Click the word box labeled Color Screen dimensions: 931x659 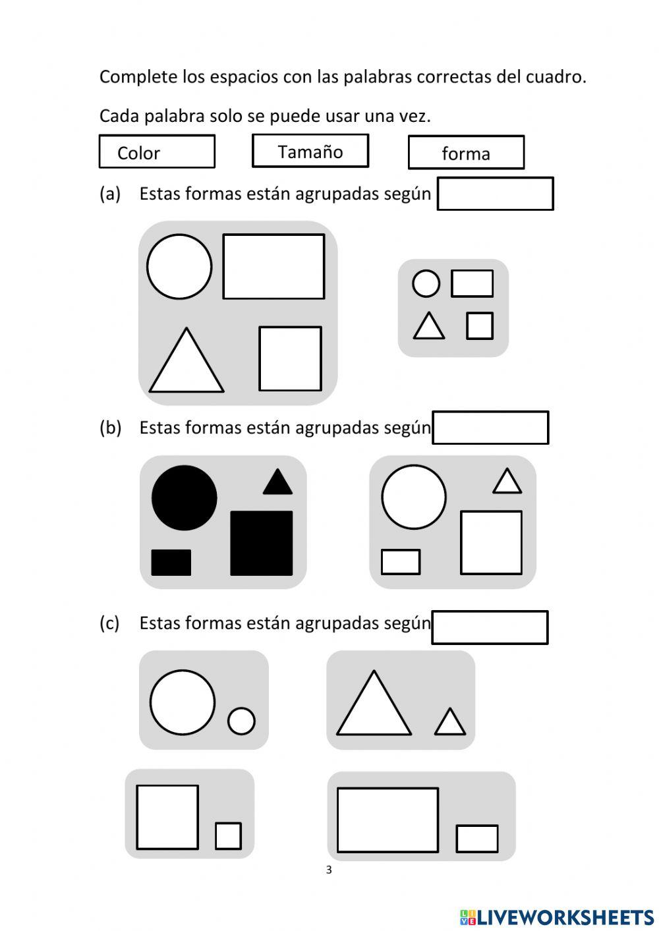(x=157, y=152)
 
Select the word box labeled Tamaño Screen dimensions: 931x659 (x=310, y=152)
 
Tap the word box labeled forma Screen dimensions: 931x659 (x=466, y=153)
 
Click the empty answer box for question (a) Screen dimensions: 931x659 (x=495, y=194)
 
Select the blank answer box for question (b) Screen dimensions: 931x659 (x=490, y=428)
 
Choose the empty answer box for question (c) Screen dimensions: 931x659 (x=490, y=627)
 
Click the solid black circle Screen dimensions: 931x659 (x=185, y=498)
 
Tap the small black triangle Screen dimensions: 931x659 (x=277, y=483)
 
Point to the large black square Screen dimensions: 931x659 (x=262, y=543)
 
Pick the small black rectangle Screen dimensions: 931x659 (x=171, y=563)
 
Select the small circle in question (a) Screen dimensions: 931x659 (x=426, y=283)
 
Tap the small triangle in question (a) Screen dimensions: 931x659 (x=429, y=327)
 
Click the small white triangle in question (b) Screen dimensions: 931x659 (x=507, y=483)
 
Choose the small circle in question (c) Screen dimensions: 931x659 (x=241, y=721)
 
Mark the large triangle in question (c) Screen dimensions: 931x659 (x=374, y=708)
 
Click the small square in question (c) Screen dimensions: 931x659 (x=228, y=835)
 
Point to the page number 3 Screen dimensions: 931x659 (x=329, y=870)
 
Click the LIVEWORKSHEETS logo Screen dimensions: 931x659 (x=556, y=917)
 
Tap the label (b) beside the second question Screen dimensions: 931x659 (x=110, y=428)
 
